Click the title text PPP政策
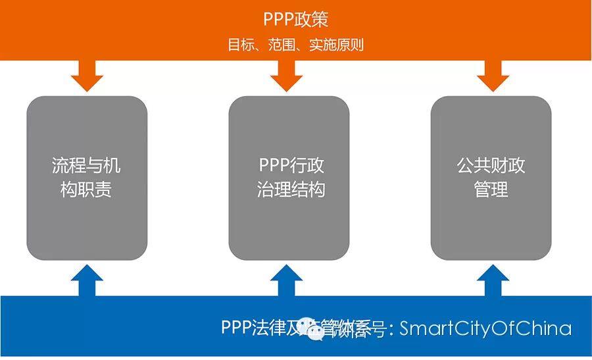295,18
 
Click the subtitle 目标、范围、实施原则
295,45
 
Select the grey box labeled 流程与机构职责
86,178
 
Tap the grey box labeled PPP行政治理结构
289,178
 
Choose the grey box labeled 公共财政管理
491,178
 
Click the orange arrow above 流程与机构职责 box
87,76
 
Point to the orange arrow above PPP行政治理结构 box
286,76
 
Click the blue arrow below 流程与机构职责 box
87,280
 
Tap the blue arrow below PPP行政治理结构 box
286,280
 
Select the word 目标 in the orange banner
239,45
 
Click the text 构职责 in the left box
86,190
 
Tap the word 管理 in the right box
491,190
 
